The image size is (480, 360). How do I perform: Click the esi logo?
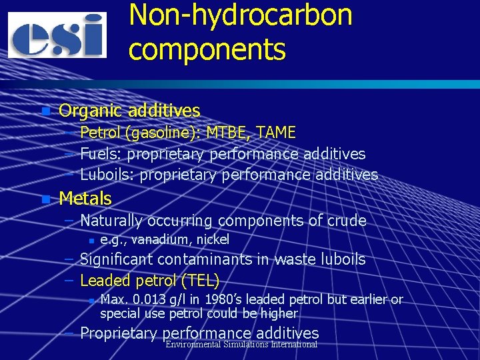[x=57, y=35]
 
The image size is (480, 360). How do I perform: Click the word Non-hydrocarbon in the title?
[x=240, y=15]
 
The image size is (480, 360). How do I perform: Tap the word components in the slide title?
[x=207, y=49]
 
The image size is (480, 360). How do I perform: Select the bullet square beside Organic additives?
[x=45, y=111]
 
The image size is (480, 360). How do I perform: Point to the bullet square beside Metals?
[x=45, y=199]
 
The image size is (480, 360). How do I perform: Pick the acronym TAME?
[x=275, y=133]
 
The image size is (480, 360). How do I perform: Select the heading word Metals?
[x=85, y=199]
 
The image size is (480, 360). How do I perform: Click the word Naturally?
[x=111, y=221]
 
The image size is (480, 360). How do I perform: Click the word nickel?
[x=213, y=239]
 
